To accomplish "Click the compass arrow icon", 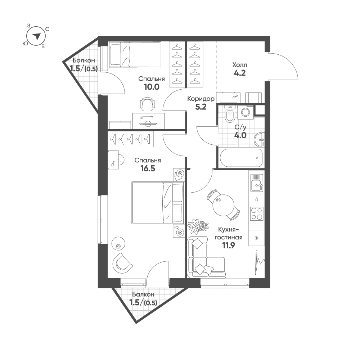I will tap(36, 36).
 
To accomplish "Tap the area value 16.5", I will tap(148, 168).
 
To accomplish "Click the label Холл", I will tap(240, 65).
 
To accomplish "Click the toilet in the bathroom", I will tap(229, 115).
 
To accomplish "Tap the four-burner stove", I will tap(257, 213).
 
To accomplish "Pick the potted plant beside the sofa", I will tap(198, 226).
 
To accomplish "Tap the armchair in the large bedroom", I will tap(122, 262).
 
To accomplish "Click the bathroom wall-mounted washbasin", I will tap(259, 140).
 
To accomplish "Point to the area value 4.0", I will tap(240, 135).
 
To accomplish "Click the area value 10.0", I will tap(151, 86).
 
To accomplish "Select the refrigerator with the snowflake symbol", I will tap(257, 238).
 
